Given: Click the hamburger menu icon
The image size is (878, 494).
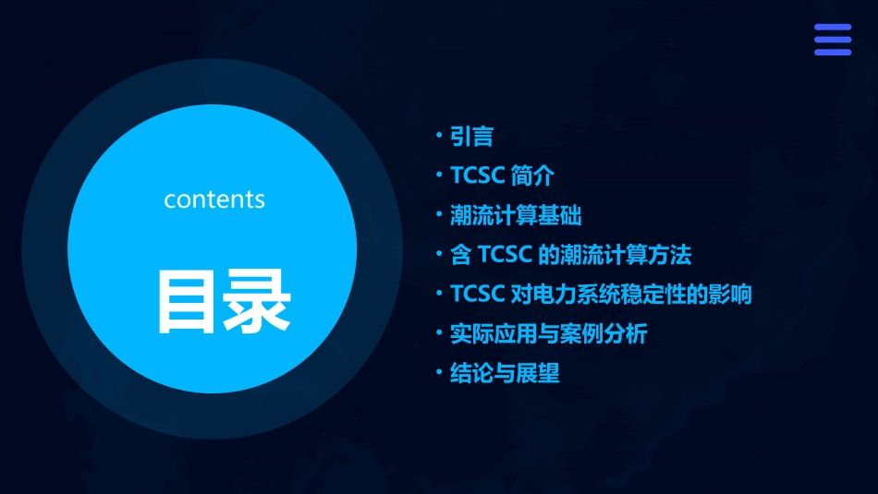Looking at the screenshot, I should [x=832, y=40].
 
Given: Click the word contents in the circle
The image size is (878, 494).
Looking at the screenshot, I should [x=214, y=199].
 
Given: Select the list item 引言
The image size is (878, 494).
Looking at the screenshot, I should [x=471, y=138].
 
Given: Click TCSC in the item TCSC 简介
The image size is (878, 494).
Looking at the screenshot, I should [x=477, y=176].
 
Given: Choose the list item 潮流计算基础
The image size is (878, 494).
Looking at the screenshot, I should [x=515, y=216].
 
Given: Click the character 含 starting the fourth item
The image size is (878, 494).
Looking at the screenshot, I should [x=461, y=255].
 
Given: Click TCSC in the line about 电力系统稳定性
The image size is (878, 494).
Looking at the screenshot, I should [x=477, y=295].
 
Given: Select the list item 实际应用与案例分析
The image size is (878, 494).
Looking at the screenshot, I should [x=548, y=333].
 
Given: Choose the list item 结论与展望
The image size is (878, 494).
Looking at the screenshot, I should [x=505, y=373].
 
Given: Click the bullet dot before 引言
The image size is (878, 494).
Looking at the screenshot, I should [x=441, y=136].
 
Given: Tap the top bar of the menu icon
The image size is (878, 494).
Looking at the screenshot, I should [x=832, y=28].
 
